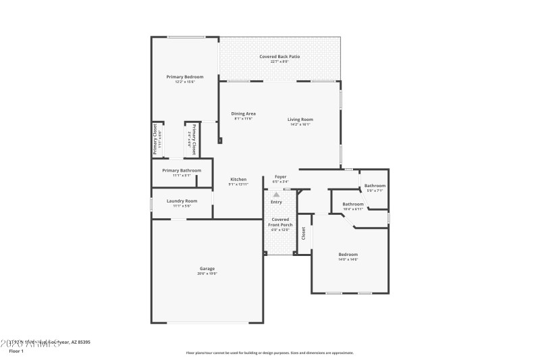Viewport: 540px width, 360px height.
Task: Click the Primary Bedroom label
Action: point(184,77)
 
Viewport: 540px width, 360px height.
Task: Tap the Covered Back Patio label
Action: point(279,57)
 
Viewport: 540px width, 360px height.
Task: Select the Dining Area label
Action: point(243,113)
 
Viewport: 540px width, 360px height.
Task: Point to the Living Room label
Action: point(301,120)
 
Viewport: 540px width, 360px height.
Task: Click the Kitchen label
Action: point(238,179)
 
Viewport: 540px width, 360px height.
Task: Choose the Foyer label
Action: point(280,177)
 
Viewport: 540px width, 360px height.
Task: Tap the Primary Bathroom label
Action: point(181,170)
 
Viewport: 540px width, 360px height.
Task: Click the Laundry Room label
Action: point(182,201)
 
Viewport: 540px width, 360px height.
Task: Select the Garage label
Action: point(207,268)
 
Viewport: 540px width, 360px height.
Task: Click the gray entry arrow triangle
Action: point(276,195)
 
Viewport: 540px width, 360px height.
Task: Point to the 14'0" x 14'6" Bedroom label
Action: point(348,254)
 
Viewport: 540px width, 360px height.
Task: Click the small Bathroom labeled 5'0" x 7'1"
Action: point(375,186)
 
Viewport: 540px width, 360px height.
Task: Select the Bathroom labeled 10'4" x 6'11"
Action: point(353,204)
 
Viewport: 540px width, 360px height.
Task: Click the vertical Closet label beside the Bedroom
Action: point(304,233)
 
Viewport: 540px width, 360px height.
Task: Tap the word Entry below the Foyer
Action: point(277,202)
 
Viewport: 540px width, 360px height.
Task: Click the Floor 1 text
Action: point(16,351)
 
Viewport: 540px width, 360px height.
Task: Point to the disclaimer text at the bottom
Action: point(269,353)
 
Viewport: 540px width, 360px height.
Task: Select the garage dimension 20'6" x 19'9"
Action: point(207,274)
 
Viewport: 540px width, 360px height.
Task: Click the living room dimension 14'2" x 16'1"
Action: point(301,124)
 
